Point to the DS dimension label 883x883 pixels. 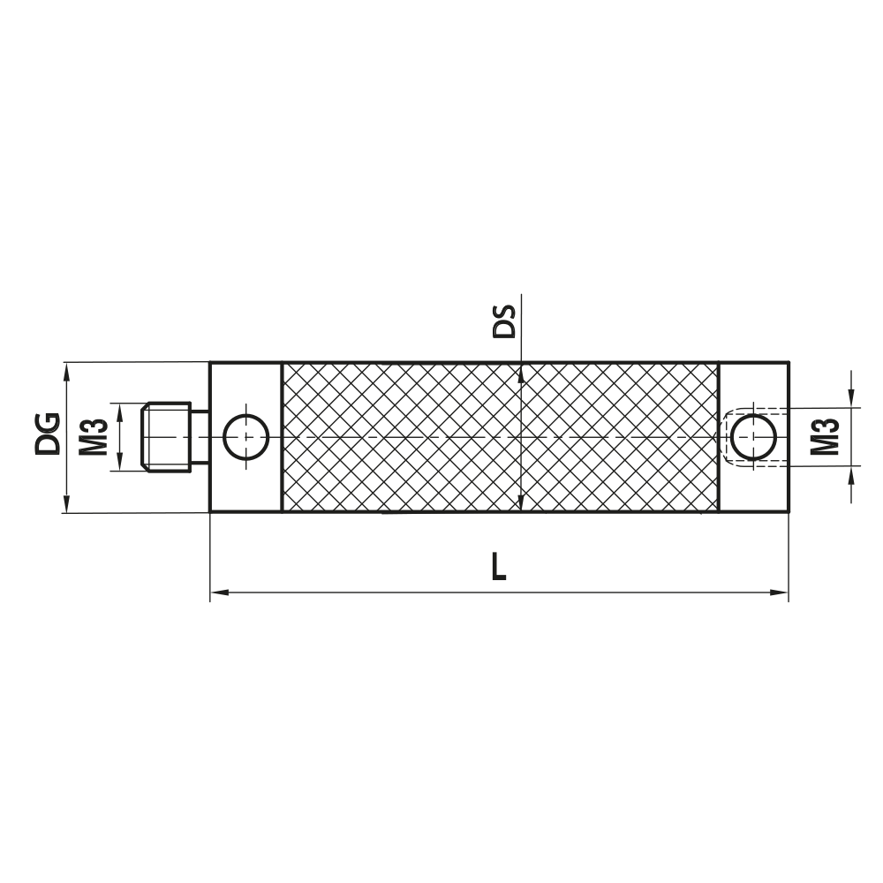pyautogui.click(x=503, y=323)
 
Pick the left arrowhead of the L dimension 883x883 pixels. pyautogui.click(x=217, y=592)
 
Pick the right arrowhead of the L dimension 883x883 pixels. pyautogui.click(x=781, y=592)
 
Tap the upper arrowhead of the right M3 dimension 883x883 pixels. pyautogui.click(x=851, y=402)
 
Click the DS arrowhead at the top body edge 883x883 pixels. pyautogui.click(x=523, y=371)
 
